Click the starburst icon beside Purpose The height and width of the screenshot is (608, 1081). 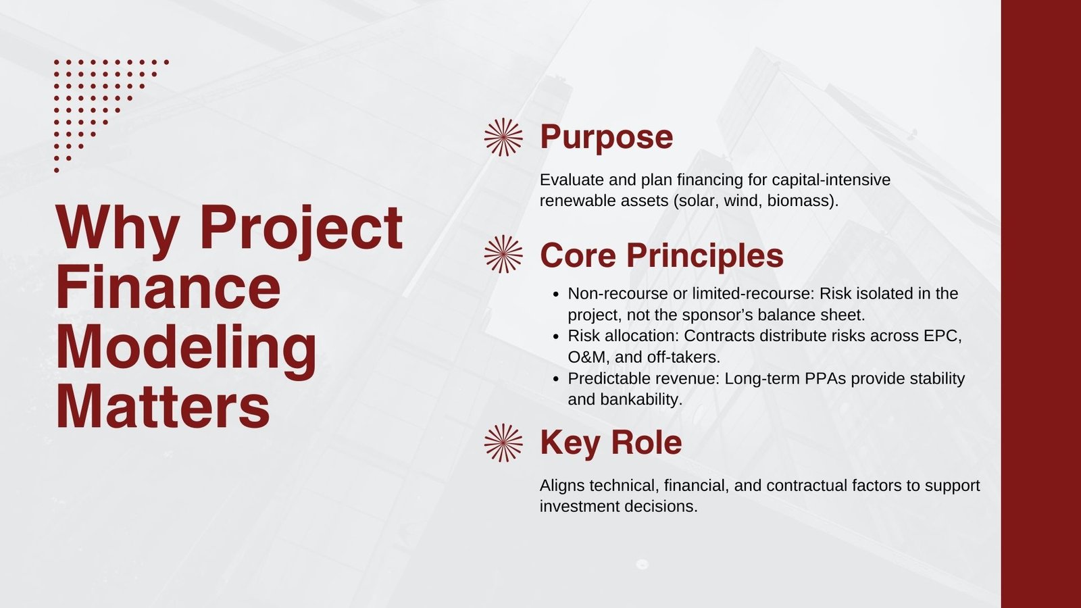pyautogui.click(x=503, y=137)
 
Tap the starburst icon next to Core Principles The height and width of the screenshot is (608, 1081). pyautogui.click(x=503, y=254)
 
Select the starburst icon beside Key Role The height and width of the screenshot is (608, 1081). pyautogui.click(x=503, y=443)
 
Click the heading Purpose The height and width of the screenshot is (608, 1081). pyautogui.click(x=606, y=138)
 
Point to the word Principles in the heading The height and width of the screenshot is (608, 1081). pyautogui.click(x=705, y=255)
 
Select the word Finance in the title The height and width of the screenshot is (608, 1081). pyautogui.click(x=168, y=287)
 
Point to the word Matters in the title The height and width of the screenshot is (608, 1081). pyautogui.click(x=163, y=406)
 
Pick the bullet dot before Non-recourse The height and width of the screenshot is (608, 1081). pyautogui.click(x=556, y=294)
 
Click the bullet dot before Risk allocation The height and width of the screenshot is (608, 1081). pyautogui.click(x=556, y=336)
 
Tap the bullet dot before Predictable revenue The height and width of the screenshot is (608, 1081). pyautogui.click(x=556, y=379)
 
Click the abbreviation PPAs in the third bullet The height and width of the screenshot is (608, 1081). pyautogui.click(x=825, y=379)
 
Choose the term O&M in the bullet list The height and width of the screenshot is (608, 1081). pyautogui.click(x=588, y=357)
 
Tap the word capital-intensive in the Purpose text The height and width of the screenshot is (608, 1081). pyautogui.click(x=831, y=180)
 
